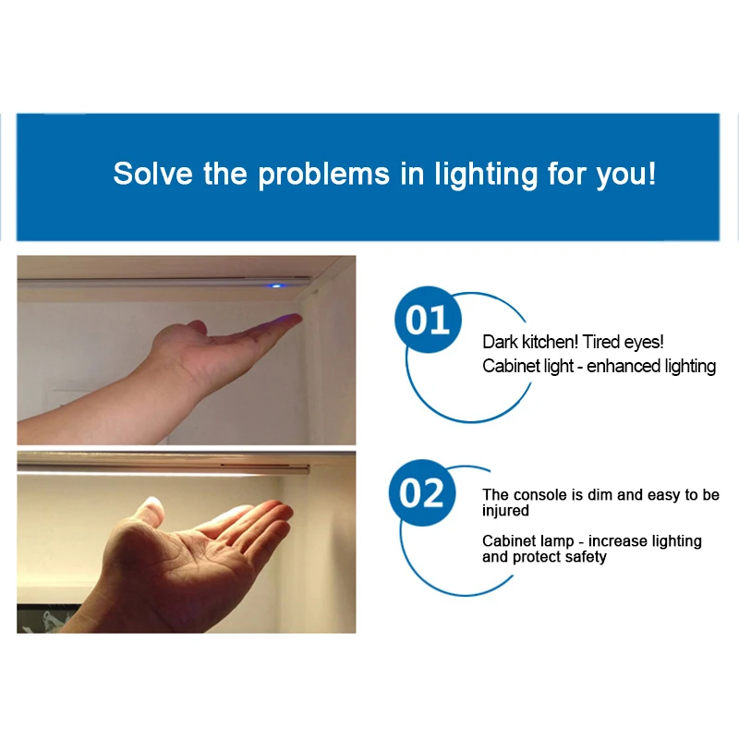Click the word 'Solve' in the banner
click(x=153, y=174)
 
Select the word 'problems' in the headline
click(x=324, y=175)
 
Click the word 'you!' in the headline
click(x=625, y=175)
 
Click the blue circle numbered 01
click(x=427, y=322)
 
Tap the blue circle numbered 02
click(x=421, y=493)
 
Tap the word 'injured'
click(x=505, y=511)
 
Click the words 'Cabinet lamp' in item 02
click(x=528, y=541)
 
